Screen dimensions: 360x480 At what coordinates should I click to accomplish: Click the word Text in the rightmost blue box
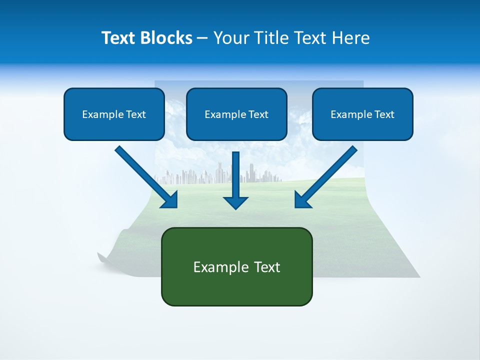point(384,114)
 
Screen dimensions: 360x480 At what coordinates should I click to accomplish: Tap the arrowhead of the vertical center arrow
point(236,202)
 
